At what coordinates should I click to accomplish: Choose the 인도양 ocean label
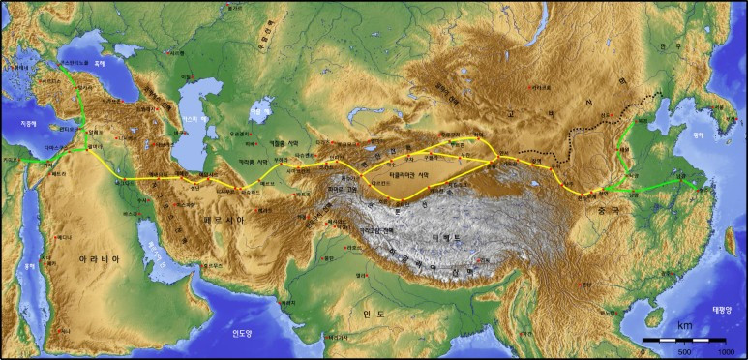point(242,333)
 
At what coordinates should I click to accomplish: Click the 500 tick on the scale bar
point(683,350)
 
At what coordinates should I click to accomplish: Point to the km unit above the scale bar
point(684,326)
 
